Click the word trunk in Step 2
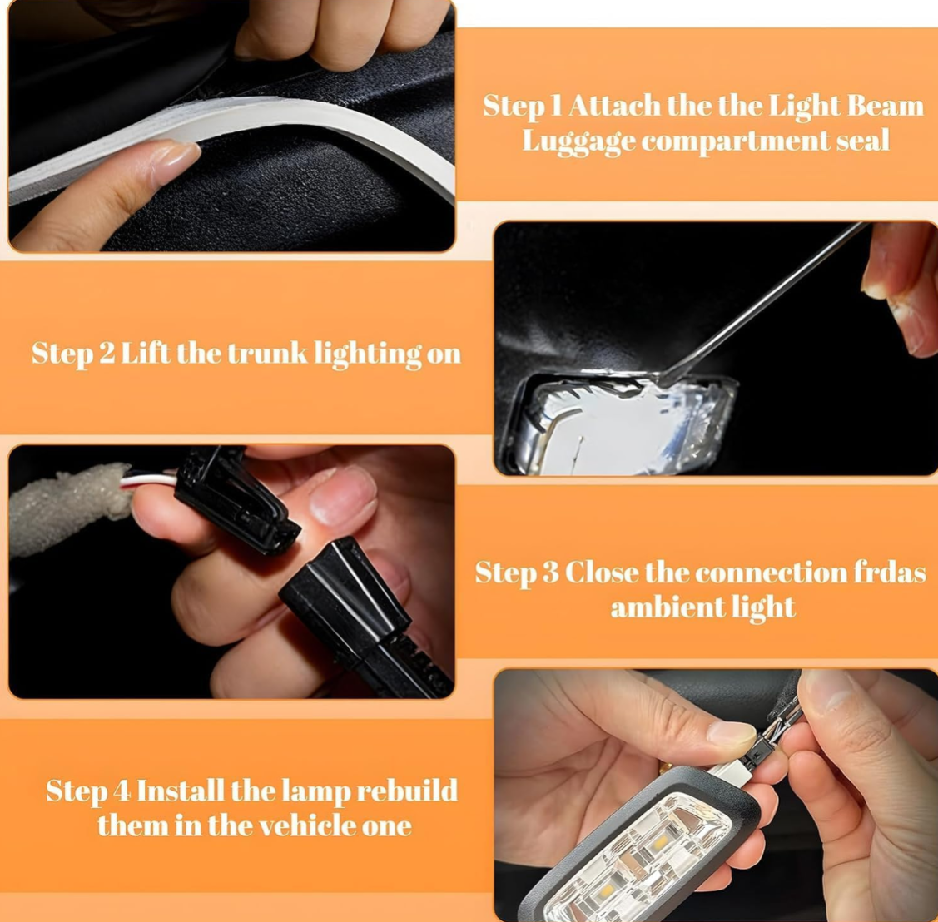pos(267,354)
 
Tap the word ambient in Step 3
pos(658,607)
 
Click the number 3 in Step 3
pos(550,573)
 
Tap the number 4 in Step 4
pos(122,791)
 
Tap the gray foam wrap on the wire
pos(69,509)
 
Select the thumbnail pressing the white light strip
pos(174,158)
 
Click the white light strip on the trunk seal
pos(227,137)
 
